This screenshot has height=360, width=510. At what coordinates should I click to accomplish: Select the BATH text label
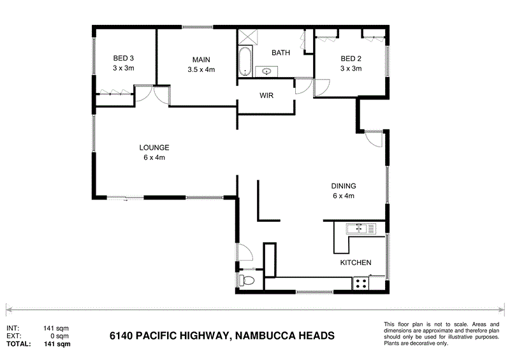click(280, 53)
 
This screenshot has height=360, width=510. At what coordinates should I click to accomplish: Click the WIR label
click(266, 96)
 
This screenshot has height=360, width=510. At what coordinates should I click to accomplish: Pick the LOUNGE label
click(154, 148)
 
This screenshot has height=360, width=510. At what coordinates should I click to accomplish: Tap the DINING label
click(343, 186)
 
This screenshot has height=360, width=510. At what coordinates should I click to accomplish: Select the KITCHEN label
click(355, 263)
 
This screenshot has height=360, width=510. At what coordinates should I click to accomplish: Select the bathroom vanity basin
click(266, 71)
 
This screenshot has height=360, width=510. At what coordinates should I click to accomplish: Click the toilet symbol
click(247, 281)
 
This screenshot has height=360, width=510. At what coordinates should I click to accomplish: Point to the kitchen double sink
click(361, 227)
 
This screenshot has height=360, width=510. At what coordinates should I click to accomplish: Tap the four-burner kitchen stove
click(361, 282)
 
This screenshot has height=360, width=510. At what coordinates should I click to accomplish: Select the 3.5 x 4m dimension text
click(201, 69)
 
